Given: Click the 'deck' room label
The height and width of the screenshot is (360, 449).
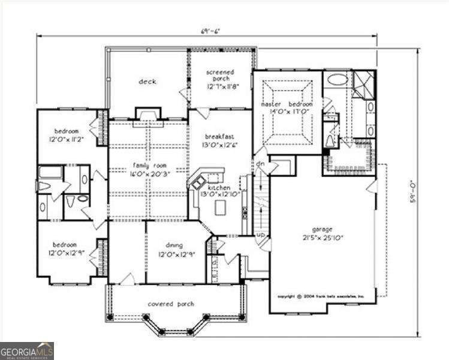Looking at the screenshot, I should pos(147,82).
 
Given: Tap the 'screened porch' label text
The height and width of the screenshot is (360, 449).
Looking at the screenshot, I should pos(220,76).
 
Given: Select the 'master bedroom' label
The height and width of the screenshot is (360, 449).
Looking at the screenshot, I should pos(287,104).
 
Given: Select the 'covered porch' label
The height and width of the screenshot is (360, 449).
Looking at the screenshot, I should pos(171,304).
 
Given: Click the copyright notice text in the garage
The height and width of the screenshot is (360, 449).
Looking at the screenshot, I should pos(325,296).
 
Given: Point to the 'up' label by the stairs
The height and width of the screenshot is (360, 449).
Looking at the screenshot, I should pos(261,235).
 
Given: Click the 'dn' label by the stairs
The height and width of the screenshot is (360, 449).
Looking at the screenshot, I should pos(261,164).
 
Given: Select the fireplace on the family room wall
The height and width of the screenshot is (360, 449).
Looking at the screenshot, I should pos(147,113).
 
